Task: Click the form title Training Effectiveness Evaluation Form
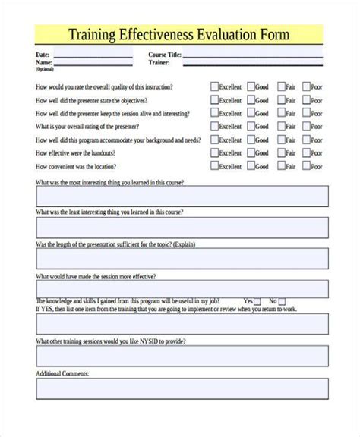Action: [179, 35]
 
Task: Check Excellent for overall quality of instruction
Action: [214, 86]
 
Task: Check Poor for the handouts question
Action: [308, 153]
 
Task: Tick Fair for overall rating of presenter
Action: [281, 127]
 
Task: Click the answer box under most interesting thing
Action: [182, 196]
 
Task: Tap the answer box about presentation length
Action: [182, 259]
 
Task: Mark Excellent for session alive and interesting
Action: [214, 113]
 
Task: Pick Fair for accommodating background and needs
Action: [281, 140]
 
